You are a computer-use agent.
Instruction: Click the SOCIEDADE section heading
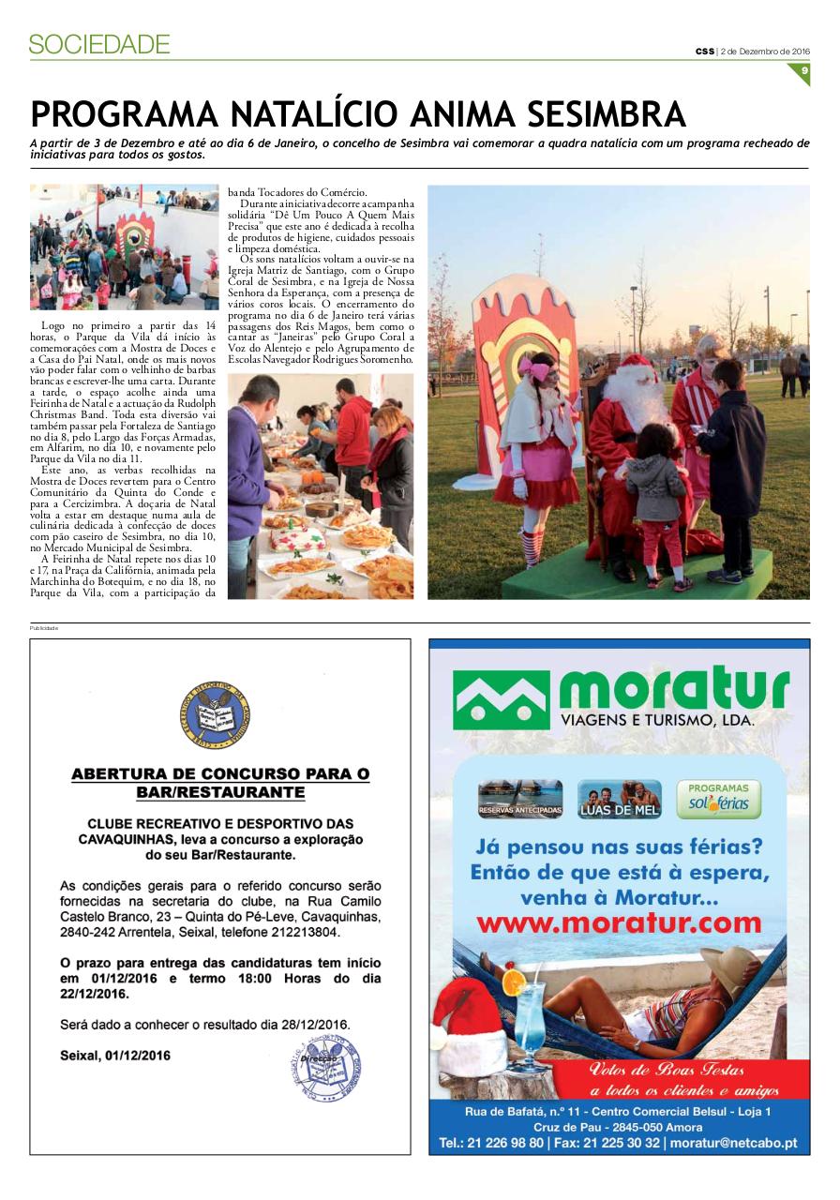(x=99, y=44)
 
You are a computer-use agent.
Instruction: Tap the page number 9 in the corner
(x=803, y=71)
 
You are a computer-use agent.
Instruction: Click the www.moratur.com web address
(x=619, y=923)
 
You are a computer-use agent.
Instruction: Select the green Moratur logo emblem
(x=501, y=699)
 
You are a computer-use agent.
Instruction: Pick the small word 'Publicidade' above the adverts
(x=44, y=628)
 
